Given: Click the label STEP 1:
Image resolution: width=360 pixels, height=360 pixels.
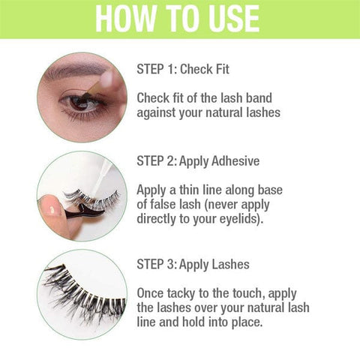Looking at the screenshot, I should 157,70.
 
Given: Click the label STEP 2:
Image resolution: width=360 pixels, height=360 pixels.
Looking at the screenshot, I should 157,160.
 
